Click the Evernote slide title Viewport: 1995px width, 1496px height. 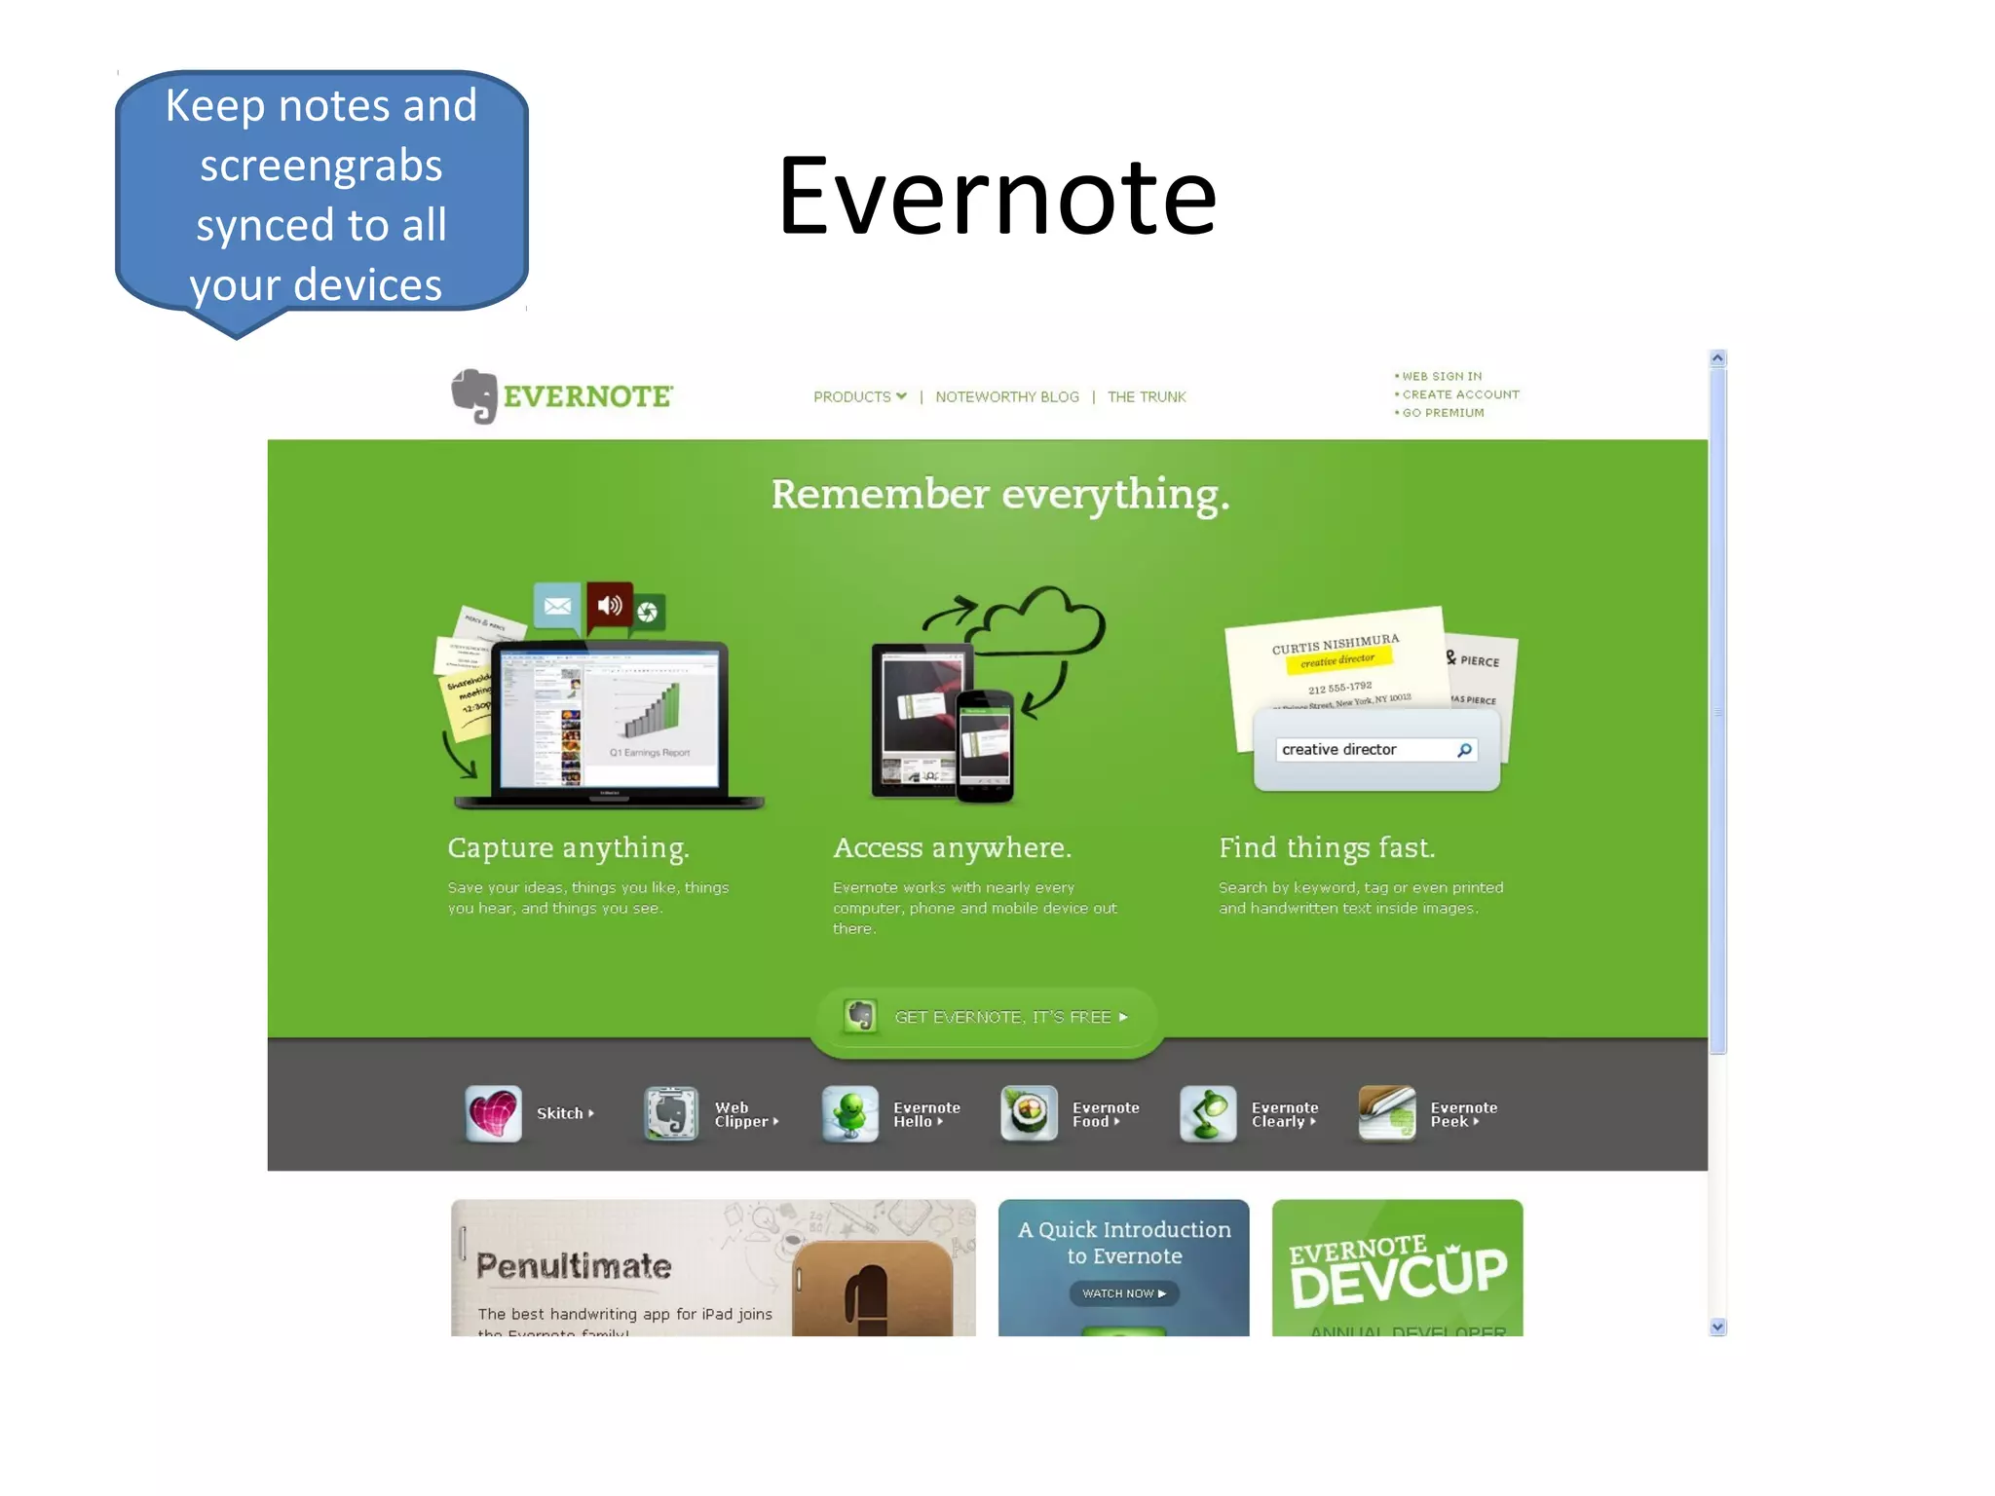click(x=997, y=197)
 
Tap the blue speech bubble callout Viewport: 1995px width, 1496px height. click(x=321, y=195)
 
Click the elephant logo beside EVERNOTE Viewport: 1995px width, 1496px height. click(x=474, y=395)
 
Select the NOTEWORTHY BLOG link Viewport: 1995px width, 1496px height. click(x=1006, y=397)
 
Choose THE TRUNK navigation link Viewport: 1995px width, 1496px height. click(x=1146, y=397)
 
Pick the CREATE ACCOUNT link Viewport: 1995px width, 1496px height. click(x=1459, y=394)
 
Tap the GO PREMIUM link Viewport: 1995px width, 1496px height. click(x=1442, y=413)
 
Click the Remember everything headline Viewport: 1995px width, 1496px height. click(x=999, y=495)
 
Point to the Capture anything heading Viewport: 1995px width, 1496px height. click(x=568, y=848)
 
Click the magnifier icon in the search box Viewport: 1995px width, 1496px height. click(x=1464, y=750)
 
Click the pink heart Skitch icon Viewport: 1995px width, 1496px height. click(x=494, y=1113)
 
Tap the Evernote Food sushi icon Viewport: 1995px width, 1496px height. click(x=1029, y=1113)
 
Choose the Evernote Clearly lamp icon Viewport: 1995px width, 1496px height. click(x=1208, y=1113)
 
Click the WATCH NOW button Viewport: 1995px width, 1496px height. click(x=1123, y=1293)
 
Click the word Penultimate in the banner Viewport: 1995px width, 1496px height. click(x=574, y=1266)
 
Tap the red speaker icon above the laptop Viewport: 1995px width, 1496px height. click(x=610, y=606)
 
